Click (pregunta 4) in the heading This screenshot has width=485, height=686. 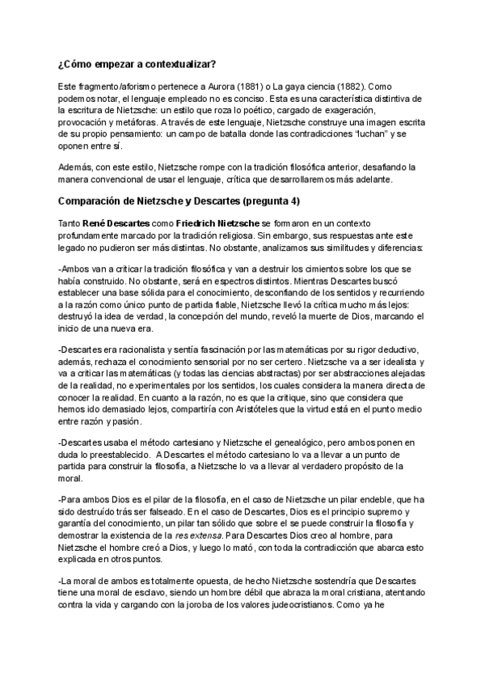coord(285,201)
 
